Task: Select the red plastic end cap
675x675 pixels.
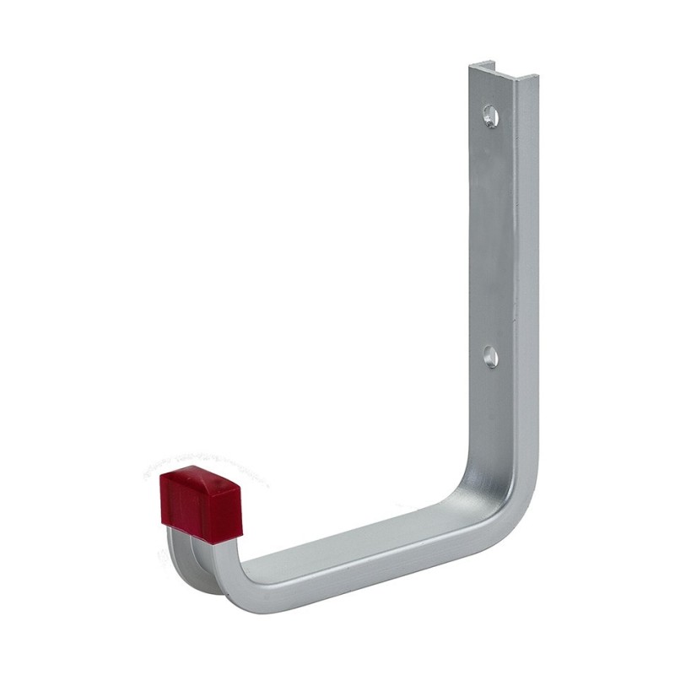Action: (198, 503)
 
